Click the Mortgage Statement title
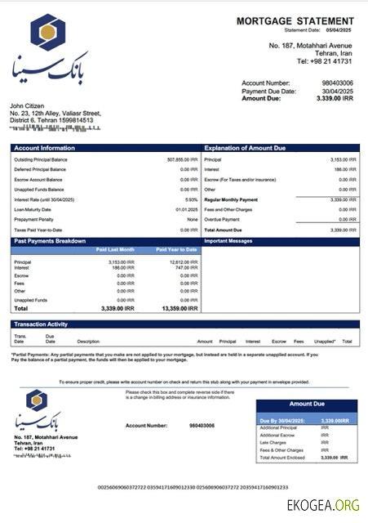[295, 20]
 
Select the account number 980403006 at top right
[337, 83]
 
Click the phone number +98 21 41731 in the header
[324, 60]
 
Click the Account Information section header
[46, 148]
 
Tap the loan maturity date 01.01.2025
[187, 210]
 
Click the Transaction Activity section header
[41, 324]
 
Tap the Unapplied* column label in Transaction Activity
[325, 341]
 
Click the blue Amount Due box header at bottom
[307, 404]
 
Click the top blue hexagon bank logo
[48, 32]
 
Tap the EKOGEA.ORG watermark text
[324, 506]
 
